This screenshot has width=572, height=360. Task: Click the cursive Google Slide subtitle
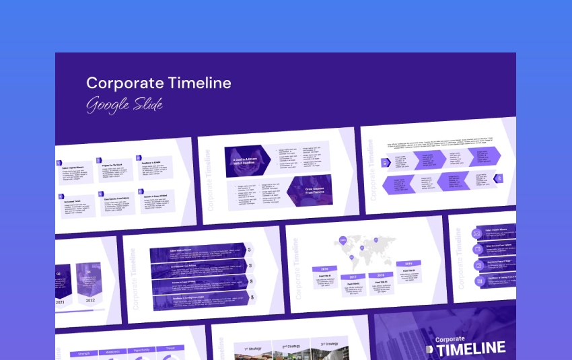[124, 105]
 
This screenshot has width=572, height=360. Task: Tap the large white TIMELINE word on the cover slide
[470, 348]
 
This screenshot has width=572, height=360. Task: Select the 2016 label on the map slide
[324, 268]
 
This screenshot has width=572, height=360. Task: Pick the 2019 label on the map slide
[408, 264]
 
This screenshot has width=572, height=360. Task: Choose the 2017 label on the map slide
[352, 277]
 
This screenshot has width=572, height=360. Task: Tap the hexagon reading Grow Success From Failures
[310, 191]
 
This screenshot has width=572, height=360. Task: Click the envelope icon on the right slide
[477, 233]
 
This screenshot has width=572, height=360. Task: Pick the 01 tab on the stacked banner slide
[250, 250]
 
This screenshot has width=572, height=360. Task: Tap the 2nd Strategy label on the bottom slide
[291, 346]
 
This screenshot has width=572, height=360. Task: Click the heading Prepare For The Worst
[112, 164]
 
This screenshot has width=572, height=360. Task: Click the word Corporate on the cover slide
[450, 339]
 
